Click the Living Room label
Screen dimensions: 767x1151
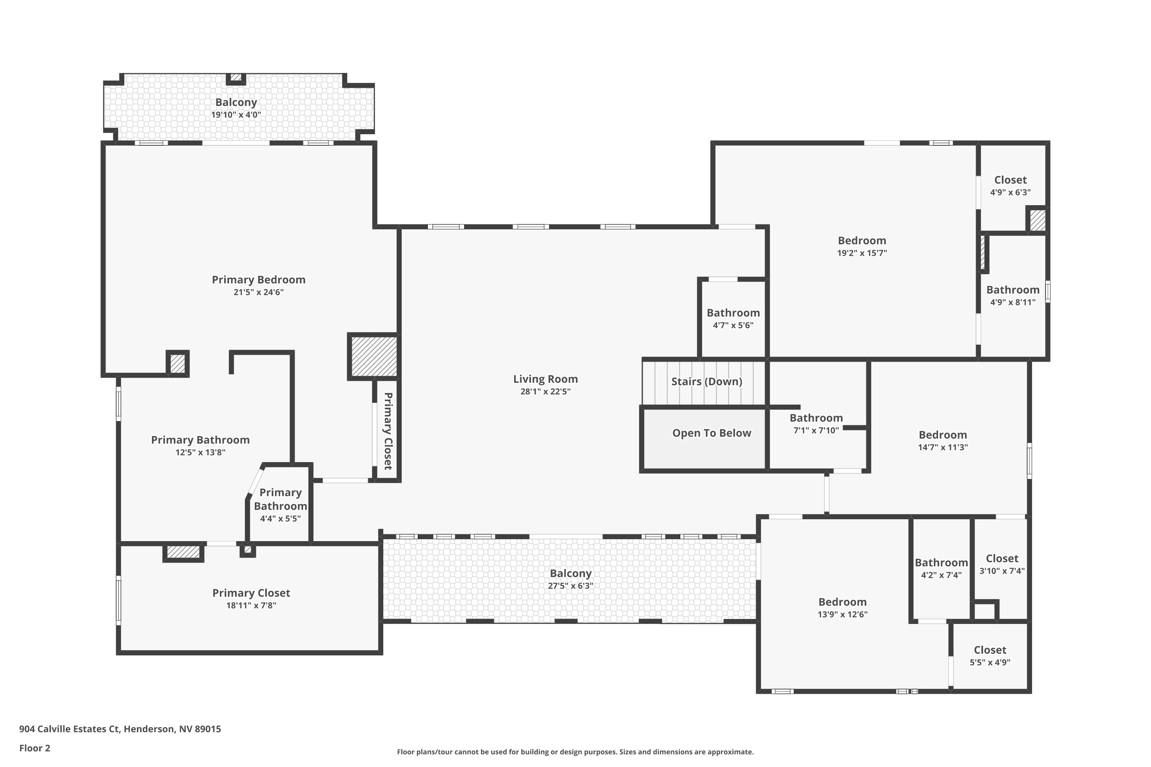(x=545, y=379)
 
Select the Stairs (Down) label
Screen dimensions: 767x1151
(x=706, y=382)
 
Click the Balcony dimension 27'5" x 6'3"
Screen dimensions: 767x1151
(x=570, y=586)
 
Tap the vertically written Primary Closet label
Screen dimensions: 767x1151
(x=388, y=431)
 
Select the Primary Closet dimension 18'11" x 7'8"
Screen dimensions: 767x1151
(x=251, y=606)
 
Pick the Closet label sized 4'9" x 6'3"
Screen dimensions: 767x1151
(x=1010, y=180)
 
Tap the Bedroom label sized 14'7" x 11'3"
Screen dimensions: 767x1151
(x=943, y=435)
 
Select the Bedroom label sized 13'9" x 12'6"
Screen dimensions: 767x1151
(x=842, y=602)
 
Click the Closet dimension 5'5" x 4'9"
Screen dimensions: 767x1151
(x=989, y=663)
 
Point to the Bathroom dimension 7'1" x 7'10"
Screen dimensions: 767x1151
(x=816, y=430)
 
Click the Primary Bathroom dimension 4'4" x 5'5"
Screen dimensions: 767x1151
(x=280, y=519)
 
